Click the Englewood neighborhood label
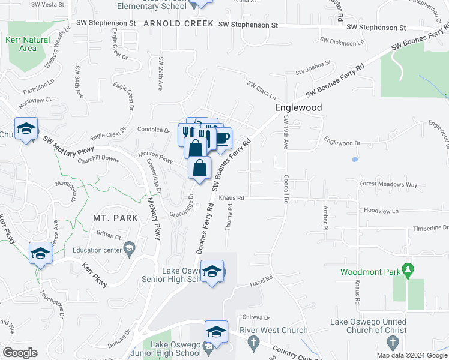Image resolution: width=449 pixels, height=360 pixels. point(298,107)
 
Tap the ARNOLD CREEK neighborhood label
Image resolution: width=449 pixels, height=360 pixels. point(179,23)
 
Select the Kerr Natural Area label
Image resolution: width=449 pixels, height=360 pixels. point(28,44)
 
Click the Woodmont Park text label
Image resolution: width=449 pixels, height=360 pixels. point(370,272)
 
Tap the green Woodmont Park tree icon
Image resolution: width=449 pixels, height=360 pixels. point(408,271)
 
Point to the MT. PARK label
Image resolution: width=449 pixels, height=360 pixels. point(116,218)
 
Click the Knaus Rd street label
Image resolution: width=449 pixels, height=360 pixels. point(231,197)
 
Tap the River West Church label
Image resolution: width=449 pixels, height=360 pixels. point(273,331)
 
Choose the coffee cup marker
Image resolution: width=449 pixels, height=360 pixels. point(221,139)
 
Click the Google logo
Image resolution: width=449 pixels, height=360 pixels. point(20,353)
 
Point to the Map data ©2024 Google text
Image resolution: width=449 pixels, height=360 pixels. point(411,355)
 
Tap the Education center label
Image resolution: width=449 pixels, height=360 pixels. point(97,250)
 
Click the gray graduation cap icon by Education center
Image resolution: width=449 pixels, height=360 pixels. point(129,248)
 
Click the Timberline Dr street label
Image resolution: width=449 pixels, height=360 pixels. point(430,228)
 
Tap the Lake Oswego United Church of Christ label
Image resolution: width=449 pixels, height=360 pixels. point(368,326)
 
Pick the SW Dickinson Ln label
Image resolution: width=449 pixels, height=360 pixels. point(343,42)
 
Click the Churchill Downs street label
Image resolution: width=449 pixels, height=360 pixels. point(98,159)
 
